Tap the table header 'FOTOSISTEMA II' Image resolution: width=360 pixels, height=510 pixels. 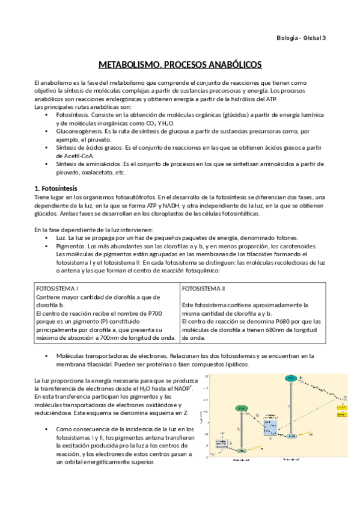[203, 288]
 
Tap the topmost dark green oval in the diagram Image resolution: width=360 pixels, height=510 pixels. [290, 378]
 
